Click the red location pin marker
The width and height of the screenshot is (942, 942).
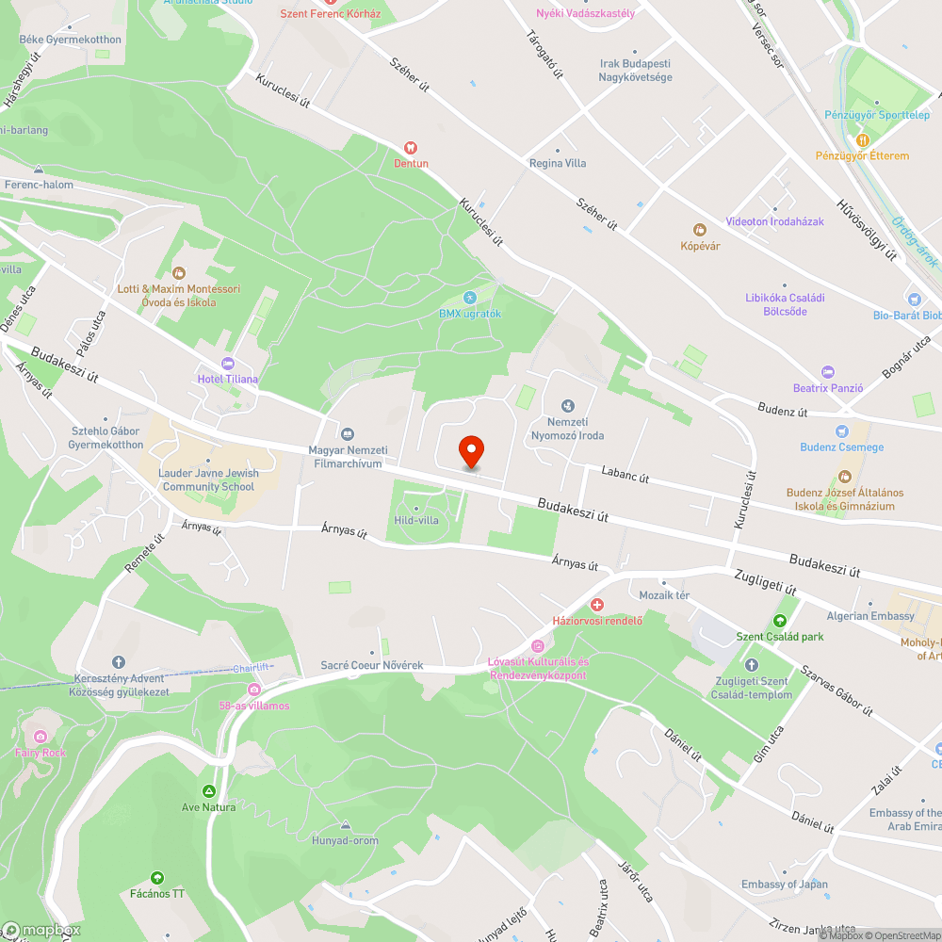tap(470, 451)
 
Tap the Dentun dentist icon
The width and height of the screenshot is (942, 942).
tap(410, 148)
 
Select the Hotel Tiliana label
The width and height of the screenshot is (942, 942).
tap(227, 379)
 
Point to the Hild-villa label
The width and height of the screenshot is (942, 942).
tap(416, 520)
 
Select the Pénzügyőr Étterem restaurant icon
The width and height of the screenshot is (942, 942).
tap(862, 140)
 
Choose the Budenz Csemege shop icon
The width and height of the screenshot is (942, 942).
tap(841, 430)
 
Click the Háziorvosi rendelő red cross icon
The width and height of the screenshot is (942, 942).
tap(596, 604)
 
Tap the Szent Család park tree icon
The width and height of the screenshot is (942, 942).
tap(779, 621)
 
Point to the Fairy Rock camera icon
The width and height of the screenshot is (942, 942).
tap(40, 737)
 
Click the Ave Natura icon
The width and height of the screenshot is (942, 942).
tap(208, 791)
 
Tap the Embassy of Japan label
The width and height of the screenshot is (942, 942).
tap(784, 884)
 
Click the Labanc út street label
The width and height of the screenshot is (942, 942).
tap(625, 478)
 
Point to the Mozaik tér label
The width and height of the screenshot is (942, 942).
tap(664, 595)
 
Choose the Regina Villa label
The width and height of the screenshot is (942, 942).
tap(558, 163)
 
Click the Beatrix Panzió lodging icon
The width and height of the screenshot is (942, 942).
tap(828, 372)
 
